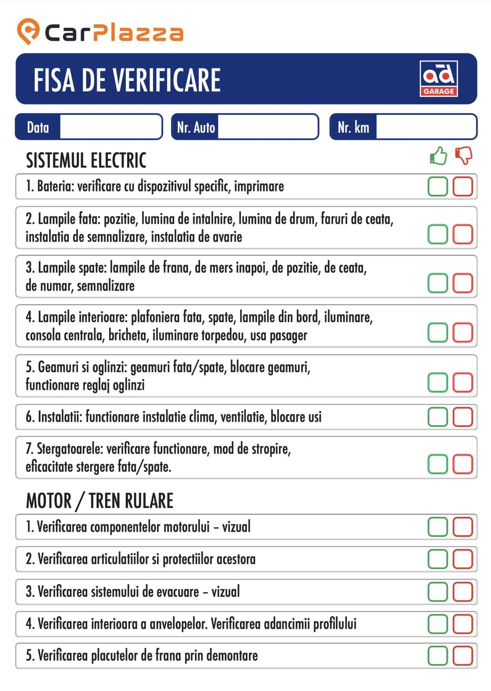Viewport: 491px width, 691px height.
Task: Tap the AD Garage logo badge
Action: pyautogui.click(x=438, y=79)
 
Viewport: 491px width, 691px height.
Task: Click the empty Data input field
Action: pyautogui.click(x=110, y=127)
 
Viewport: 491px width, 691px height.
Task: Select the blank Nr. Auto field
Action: pyautogui.click(x=267, y=127)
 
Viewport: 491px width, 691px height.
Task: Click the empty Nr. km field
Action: pyautogui.click(x=426, y=127)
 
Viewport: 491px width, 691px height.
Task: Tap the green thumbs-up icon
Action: pyautogui.click(x=438, y=156)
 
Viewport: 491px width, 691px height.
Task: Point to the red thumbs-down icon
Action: pyautogui.click(x=464, y=156)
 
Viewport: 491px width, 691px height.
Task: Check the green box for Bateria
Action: pyautogui.click(x=438, y=187)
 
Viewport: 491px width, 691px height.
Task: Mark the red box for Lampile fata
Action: pyautogui.click(x=463, y=234)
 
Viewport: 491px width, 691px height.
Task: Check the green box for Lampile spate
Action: pyautogui.click(x=438, y=283)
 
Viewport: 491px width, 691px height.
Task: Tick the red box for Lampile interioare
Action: pyautogui.click(x=463, y=332)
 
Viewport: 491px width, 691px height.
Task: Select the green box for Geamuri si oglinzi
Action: pyautogui.click(x=438, y=382)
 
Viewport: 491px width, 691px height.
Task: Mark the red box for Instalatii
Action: pyautogui.click(x=463, y=417)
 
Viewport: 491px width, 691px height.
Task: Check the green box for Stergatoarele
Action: pyautogui.click(x=438, y=464)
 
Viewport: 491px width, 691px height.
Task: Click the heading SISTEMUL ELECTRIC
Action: pyautogui.click(x=86, y=160)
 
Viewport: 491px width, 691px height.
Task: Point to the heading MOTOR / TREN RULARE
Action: pyautogui.click(x=100, y=501)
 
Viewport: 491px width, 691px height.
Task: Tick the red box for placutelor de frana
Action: pyautogui.click(x=463, y=656)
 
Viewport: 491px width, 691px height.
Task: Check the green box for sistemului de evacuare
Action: pyautogui.click(x=438, y=592)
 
